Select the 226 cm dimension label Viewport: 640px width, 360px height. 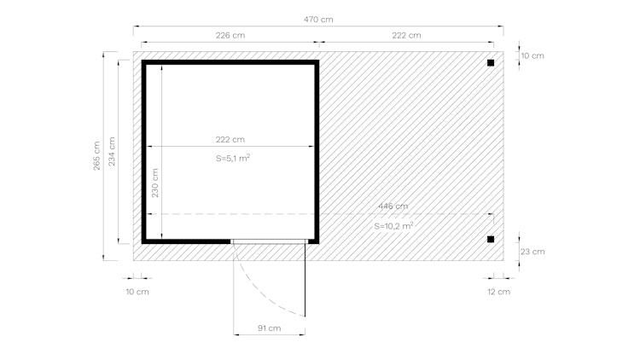coord(230,36)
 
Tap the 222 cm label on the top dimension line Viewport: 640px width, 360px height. coord(406,36)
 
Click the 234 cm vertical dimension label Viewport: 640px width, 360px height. coord(112,152)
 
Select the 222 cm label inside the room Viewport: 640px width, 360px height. coord(230,139)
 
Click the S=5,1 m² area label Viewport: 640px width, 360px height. coord(232,159)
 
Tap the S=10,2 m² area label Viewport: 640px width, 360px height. coord(393,226)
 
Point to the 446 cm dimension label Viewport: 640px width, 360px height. coord(393,206)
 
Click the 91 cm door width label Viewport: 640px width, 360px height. coord(269,328)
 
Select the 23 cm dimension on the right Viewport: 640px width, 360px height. coord(532,252)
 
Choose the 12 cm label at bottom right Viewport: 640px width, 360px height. coord(498,292)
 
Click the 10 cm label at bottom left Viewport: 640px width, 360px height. coord(137,292)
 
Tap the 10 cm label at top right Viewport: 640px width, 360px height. coord(532,55)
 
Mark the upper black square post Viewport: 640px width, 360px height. coord(491,63)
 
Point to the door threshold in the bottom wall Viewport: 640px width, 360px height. coord(269,241)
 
